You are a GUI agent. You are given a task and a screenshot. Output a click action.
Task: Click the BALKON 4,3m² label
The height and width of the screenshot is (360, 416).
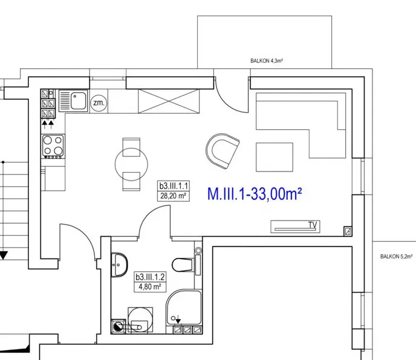267,61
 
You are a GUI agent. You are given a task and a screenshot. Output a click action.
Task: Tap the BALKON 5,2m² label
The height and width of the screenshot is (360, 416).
397,256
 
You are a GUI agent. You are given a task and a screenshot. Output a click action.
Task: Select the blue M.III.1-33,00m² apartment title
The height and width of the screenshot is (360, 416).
255,194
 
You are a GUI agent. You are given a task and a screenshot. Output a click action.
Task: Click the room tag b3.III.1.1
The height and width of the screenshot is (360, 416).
174,186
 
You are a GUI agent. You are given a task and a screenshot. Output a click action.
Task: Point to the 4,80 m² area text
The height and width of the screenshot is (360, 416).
150,287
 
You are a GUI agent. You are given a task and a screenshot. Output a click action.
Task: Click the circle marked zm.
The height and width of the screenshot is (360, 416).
99,103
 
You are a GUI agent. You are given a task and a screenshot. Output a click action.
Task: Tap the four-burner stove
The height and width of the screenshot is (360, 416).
53,146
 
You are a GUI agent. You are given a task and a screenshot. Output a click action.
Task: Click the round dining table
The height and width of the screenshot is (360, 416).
131,164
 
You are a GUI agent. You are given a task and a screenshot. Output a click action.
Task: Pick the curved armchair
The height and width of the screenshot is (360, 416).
223,150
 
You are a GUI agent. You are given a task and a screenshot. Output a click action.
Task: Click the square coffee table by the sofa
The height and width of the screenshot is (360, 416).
275,157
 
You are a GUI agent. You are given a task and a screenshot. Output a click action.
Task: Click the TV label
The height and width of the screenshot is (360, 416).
313,225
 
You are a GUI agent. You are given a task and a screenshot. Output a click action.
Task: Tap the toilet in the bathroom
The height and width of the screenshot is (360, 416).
183,265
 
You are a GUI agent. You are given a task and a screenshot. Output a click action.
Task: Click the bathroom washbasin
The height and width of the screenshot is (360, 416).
119,265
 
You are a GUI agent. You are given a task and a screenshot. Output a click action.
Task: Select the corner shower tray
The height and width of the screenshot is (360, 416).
184,307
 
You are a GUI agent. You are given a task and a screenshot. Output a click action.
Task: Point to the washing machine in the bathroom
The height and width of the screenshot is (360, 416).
140,320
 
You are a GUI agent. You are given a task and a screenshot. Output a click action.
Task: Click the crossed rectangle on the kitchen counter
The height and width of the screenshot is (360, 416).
169,101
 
